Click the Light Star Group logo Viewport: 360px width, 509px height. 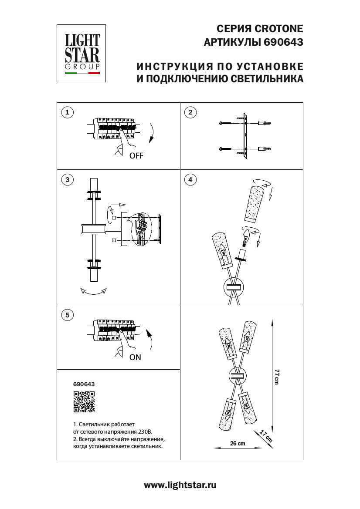[x=82, y=53]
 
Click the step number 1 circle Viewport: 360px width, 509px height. [x=67, y=112]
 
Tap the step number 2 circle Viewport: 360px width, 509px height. [x=190, y=112]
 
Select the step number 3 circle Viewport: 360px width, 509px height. [x=67, y=179]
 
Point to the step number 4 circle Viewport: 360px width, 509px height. [x=190, y=179]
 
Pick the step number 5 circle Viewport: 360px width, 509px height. [x=67, y=315]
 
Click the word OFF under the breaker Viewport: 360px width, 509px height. [x=136, y=156]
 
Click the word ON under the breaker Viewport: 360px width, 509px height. [x=135, y=357]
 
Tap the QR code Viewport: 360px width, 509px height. [x=84, y=401]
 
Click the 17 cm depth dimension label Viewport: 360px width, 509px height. [x=266, y=436]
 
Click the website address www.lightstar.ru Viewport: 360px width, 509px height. [x=180, y=485]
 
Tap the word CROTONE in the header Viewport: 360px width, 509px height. [x=278, y=29]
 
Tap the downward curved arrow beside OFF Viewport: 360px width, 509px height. [x=152, y=133]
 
